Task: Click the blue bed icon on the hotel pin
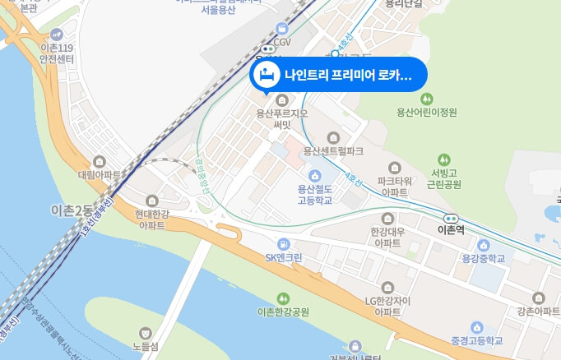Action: [x=267, y=76]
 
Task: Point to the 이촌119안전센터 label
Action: [x=57, y=53]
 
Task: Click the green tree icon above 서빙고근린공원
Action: [x=445, y=159]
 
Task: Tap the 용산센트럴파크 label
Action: [x=333, y=151]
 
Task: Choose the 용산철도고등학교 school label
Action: [x=314, y=194]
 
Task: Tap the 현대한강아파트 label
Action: [x=151, y=219]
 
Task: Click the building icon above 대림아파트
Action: [x=100, y=161]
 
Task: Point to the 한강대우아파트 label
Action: [x=387, y=238]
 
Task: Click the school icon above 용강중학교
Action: [x=482, y=245]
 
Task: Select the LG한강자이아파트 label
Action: [x=387, y=307]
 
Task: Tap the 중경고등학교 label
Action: [x=475, y=339]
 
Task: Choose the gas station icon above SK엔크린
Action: [x=284, y=243]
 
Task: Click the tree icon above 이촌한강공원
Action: [x=284, y=298]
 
